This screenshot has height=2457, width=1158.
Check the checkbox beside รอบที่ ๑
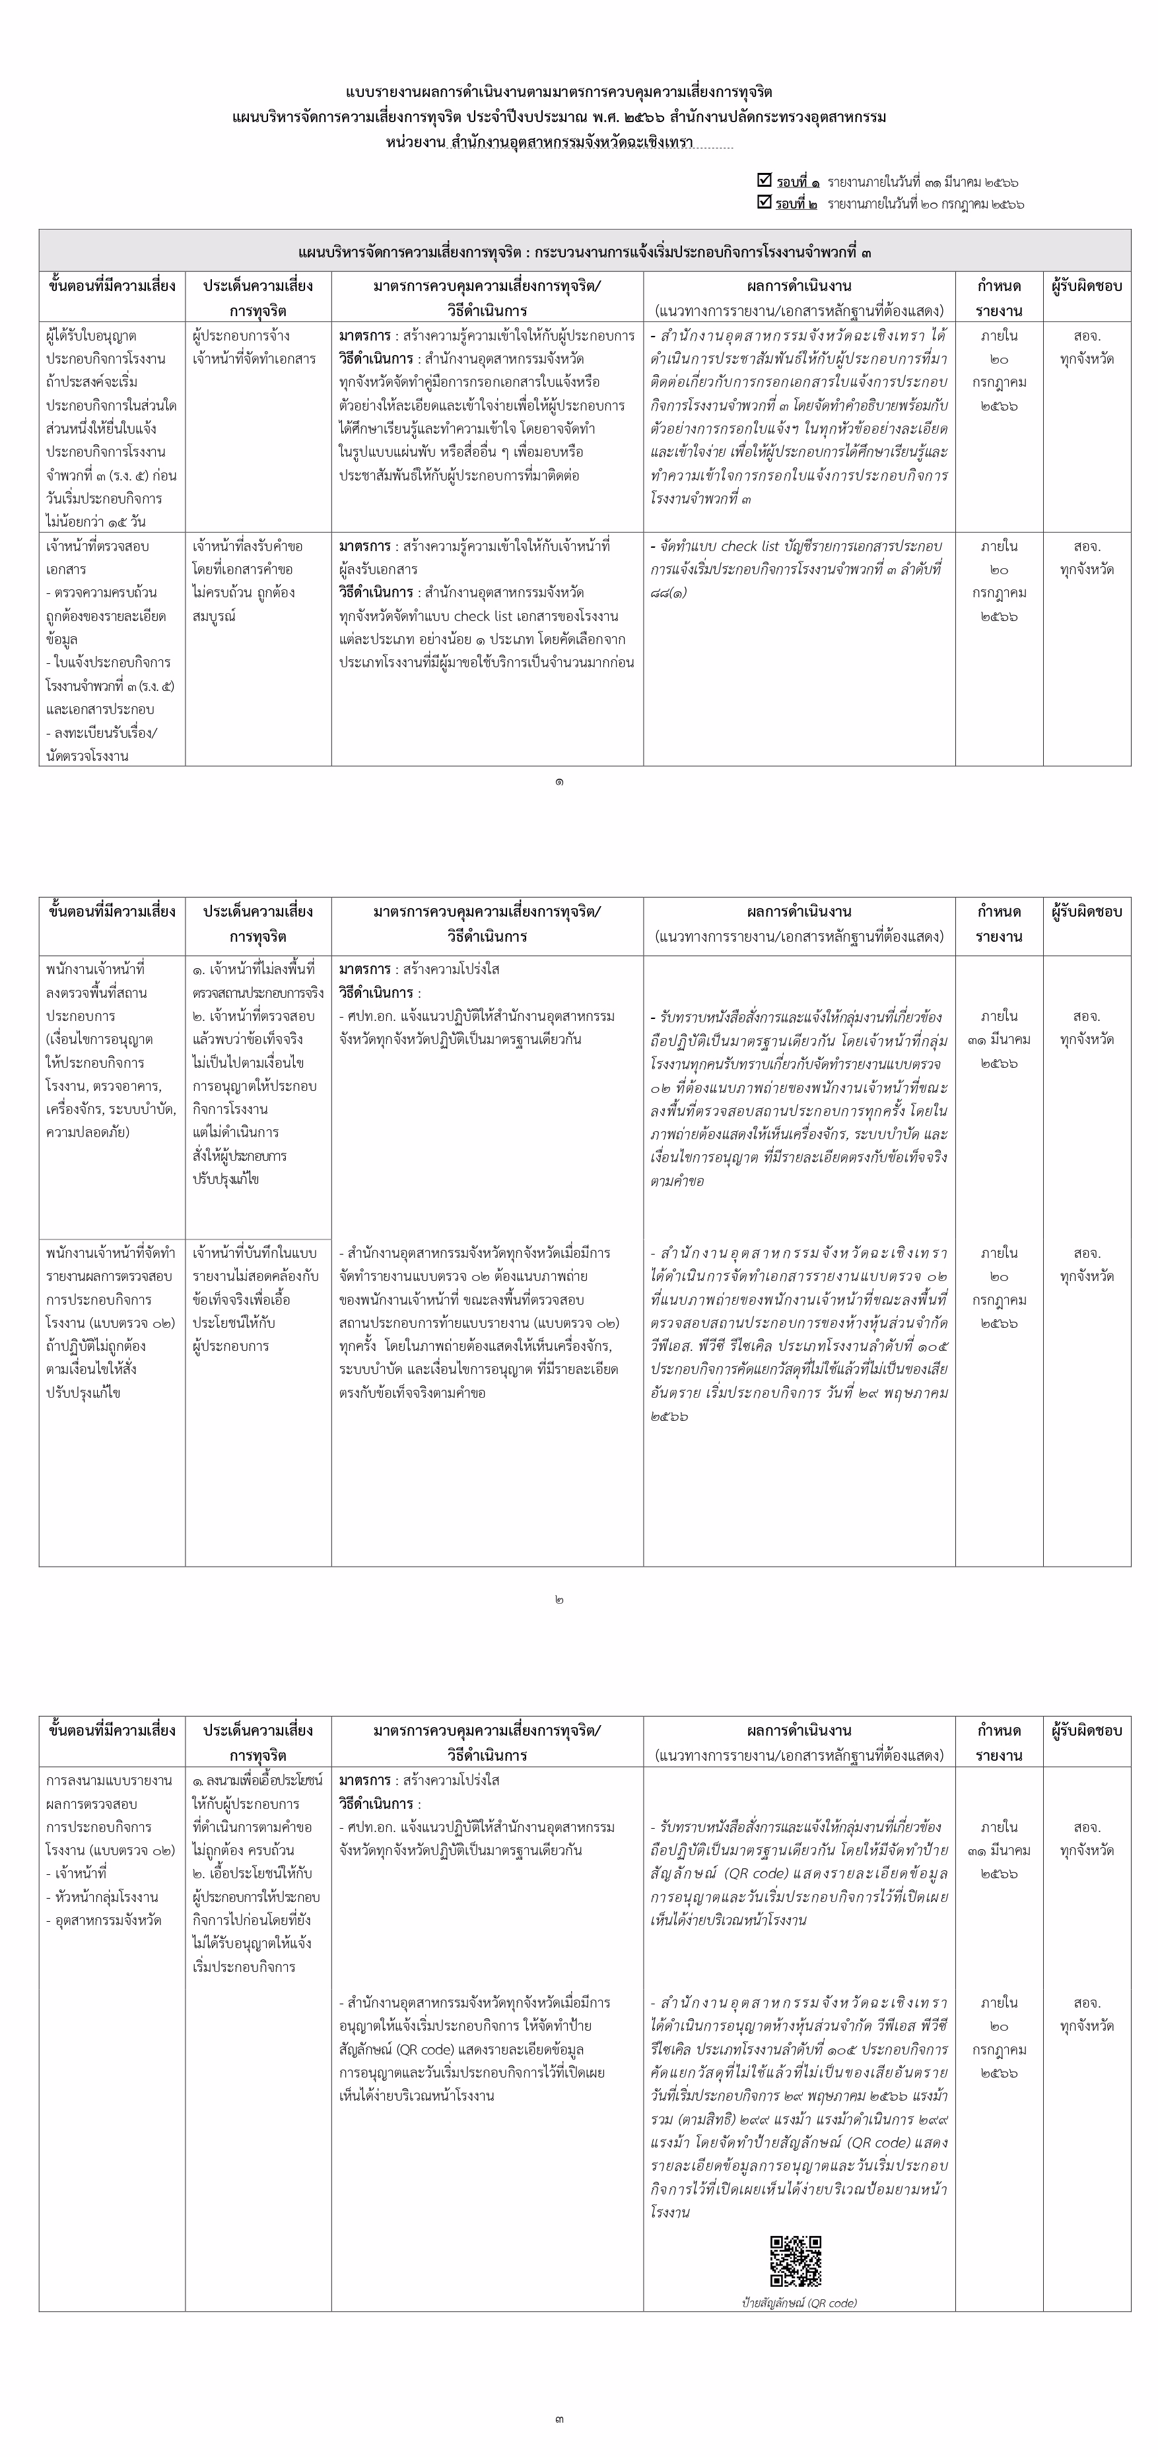tap(763, 180)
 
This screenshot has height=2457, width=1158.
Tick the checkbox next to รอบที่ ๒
tap(763, 202)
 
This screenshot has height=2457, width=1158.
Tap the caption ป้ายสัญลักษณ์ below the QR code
tap(800, 2303)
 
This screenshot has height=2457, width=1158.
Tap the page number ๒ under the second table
tap(559, 1600)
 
